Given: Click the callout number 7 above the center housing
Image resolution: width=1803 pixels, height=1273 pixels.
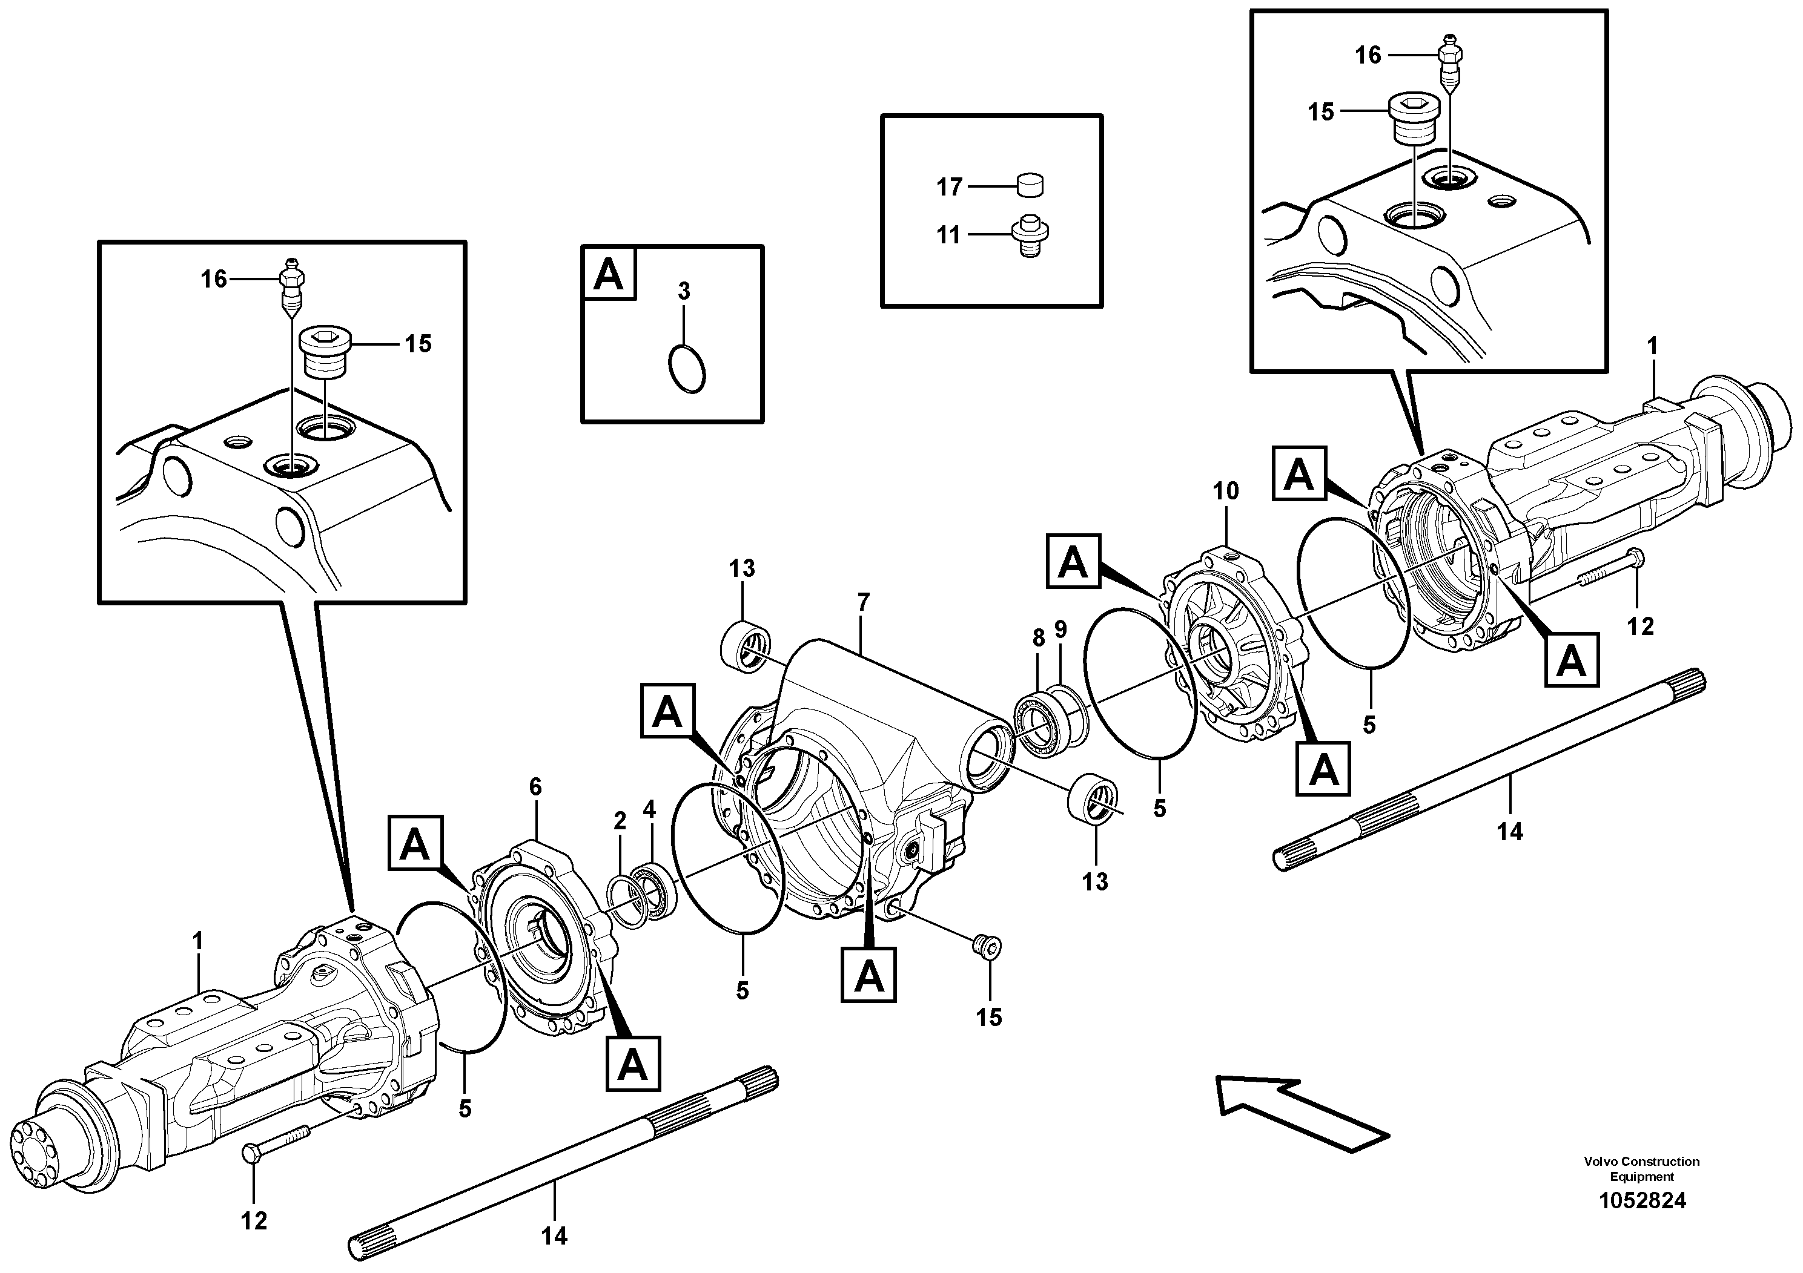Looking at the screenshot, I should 863,603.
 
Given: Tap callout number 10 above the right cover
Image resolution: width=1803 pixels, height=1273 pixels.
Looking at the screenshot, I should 1225,492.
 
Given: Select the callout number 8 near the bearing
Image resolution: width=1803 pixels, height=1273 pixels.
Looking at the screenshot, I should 1039,638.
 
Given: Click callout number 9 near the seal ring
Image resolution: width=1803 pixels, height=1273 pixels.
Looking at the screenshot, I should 1061,629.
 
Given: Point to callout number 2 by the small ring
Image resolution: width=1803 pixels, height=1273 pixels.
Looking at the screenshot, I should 620,821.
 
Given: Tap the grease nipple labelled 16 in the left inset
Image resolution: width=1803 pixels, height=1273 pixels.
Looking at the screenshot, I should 291,284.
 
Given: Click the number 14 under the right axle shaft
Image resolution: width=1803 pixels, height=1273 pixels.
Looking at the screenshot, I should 1509,831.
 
